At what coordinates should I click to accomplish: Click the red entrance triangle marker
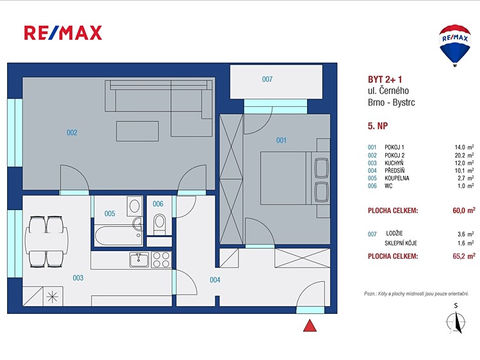pos(310,326)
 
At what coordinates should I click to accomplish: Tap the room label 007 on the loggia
pos(267,79)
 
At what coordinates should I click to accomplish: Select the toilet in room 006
pos(159,224)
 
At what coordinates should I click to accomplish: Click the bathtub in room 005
pos(118,236)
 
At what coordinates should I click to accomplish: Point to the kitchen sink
pos(139,260)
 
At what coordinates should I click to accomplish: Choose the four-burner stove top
pos(161,260)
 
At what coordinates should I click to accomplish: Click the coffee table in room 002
pos(137,131)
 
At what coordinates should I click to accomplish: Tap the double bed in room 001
pos(295,178)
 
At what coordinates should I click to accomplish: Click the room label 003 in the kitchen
pos(78,278)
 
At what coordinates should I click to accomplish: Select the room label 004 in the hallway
pos(215,279)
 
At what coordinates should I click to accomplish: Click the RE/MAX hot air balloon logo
pos(455,45)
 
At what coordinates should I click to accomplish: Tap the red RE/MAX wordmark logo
pos(63,33)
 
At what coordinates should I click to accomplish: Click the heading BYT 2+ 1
pos(385,79)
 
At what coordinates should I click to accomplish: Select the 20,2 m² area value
pos(464,155)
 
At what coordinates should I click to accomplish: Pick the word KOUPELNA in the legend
pos(397,178)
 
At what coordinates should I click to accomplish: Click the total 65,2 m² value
pos(464,256)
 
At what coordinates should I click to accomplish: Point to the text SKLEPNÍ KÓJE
pos(401,243)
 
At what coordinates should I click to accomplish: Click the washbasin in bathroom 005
pos(138,224)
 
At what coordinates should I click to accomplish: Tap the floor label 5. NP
pos(377,126)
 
